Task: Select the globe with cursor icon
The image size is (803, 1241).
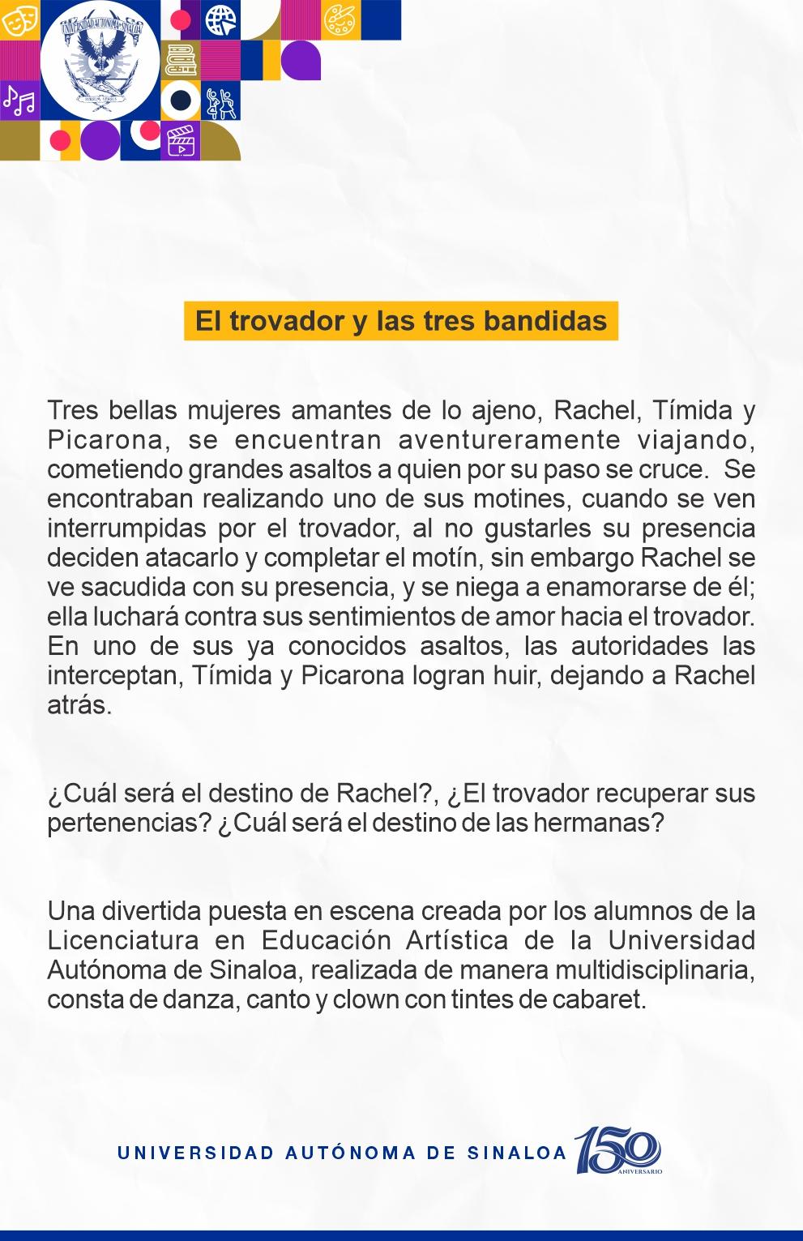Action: click(220, 19)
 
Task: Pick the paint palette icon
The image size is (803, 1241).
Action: click(339, 19)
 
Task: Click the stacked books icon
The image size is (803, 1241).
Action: click(181, 60)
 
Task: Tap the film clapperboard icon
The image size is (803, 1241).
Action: click(181, 141)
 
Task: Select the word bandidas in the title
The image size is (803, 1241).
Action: click(545, 321)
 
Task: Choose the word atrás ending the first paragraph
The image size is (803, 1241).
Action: click(79, 704)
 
